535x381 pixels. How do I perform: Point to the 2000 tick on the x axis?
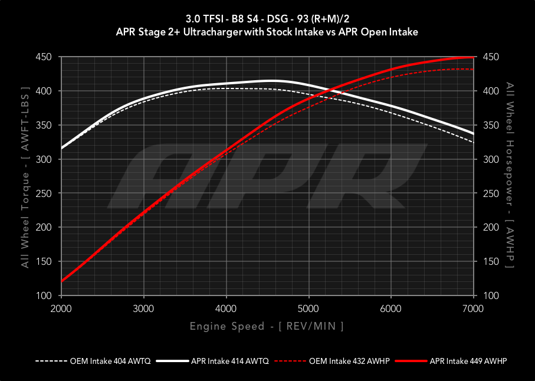click(x=61, y=308)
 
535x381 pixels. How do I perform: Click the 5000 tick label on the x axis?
click(x=308, y=308)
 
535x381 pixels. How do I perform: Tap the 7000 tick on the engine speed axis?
click(x=473, y=308)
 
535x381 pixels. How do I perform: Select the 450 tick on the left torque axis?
click(x=44, y=57)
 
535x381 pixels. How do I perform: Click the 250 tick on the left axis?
click(x=44, y=193)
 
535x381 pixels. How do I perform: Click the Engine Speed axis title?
click(x=267, y=326)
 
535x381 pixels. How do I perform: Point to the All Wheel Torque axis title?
click(x=25, y=176)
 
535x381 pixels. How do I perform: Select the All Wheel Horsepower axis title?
click(x=510, y=176)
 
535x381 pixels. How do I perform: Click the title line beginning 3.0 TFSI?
click(x=267, y=19)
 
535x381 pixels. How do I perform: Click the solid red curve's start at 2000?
click(x=61, y=281)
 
